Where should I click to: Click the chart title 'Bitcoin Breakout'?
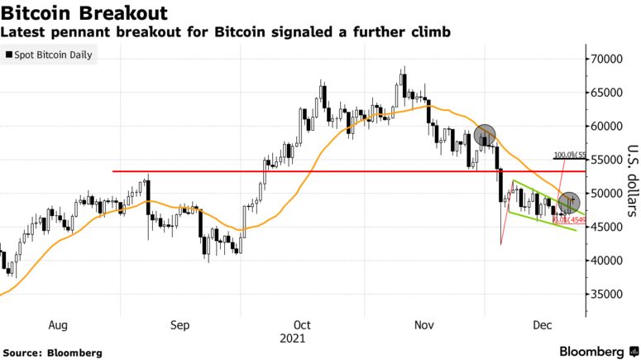tap(85, 13)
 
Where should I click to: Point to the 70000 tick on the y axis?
tap(605, 60)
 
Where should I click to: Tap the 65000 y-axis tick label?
tap(605, 93)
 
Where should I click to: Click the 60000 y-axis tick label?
tap(605, 127)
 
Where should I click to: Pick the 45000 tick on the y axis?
tap(605, 227)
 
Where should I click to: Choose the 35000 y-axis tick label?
tap(605, 294)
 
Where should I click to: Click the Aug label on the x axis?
tap(59, 326)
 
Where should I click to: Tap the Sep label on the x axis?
tap(180, 326)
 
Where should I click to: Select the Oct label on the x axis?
tap(302, 326)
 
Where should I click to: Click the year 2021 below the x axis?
tap(293, 338)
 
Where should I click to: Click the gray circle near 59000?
tap(485, 134)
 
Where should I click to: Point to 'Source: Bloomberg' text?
tap(52, 353)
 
